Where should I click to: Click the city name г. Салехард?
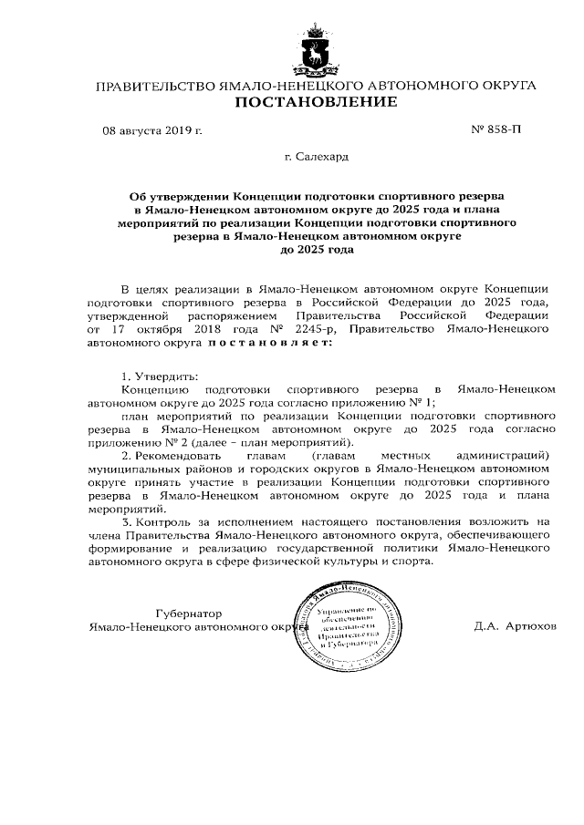(316, 158)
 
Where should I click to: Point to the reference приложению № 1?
(382, 401)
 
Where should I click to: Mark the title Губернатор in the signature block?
(189, 614)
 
